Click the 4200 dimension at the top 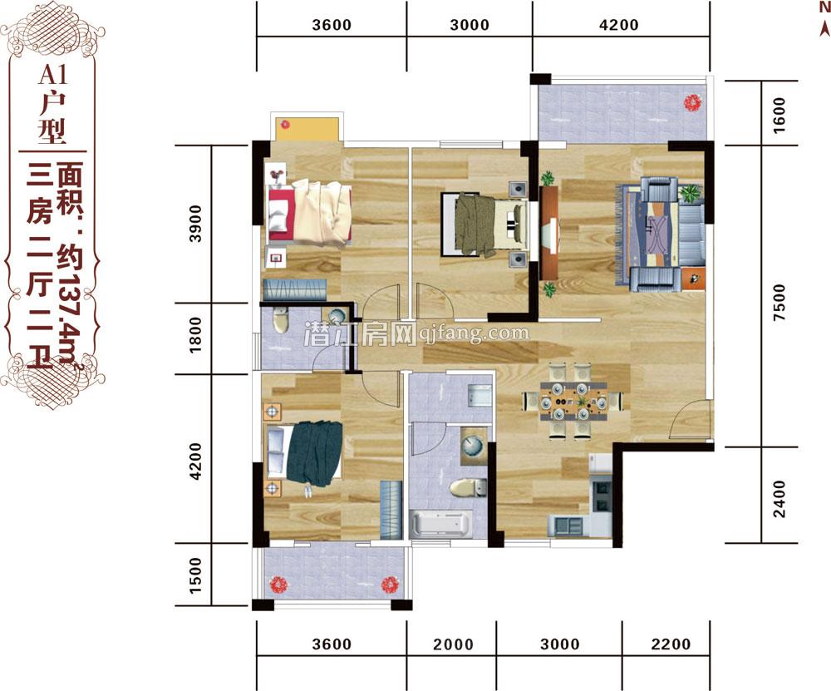618,25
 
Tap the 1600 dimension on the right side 779,115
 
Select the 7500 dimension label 779,303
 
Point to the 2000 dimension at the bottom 453,644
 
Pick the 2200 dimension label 671,644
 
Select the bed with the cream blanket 310,213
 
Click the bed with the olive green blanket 484,225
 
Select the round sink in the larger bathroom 472,446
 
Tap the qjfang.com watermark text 474,333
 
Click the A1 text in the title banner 53,75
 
